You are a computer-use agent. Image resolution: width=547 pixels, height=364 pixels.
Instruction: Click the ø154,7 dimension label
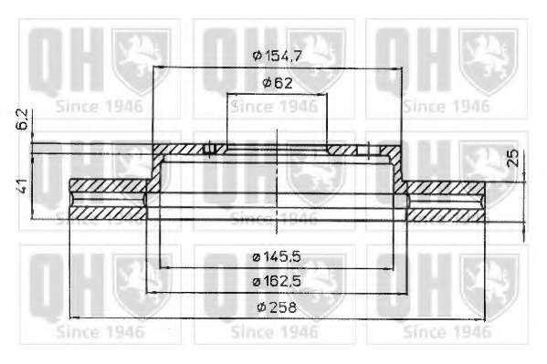(277, 56)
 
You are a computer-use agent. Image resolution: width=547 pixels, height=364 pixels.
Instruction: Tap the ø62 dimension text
(278, 83)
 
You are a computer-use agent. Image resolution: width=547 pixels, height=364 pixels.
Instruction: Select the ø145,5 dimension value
(277, 257)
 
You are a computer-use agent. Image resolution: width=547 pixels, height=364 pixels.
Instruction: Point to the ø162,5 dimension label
(277, 281)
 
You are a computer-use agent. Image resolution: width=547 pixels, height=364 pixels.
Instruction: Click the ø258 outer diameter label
(277, 307)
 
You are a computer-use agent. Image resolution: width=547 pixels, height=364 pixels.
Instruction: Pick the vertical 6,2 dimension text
(23, 120)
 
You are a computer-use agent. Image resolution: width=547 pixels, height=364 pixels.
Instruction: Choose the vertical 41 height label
(22, 185)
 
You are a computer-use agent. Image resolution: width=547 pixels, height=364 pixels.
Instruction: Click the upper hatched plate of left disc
(108, 185)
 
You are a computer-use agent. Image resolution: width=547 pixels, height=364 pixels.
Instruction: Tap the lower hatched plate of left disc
(108, 213)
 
